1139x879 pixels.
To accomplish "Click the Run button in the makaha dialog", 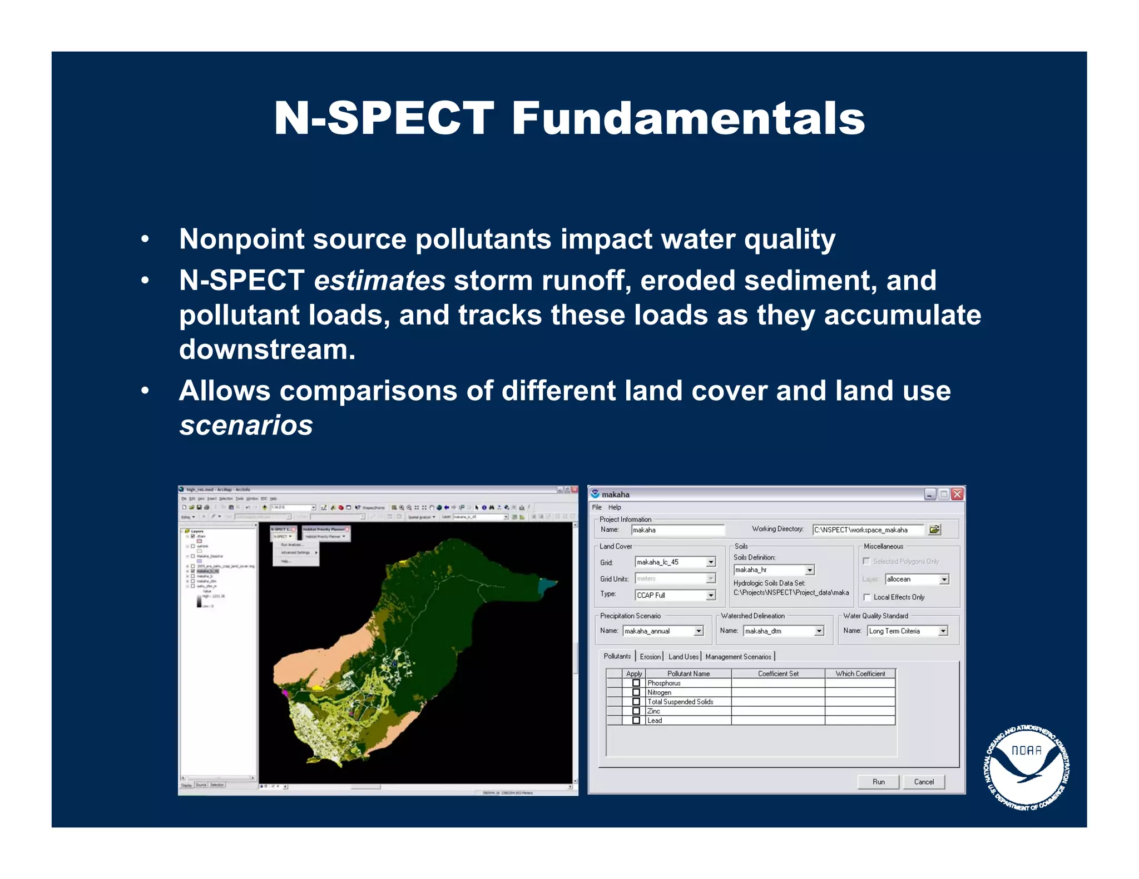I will [878, 782].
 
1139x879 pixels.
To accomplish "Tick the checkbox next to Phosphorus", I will [636, 683].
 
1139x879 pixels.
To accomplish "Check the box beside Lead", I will [636, 721].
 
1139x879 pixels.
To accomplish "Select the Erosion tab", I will [650, 657].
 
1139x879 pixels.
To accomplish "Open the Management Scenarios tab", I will [737, 657].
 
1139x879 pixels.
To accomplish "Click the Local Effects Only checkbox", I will [867, 597].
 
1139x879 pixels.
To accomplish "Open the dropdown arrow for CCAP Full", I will [711, 596].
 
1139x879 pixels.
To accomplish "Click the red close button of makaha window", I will [957, 495].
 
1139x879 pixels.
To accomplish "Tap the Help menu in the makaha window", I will [615, 507].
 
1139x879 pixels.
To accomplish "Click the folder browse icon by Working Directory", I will [934, 530].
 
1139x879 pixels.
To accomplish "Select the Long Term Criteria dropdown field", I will [907, 631].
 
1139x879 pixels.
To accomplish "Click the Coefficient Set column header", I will [778, 674].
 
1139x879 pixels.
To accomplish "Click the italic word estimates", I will [379, 281].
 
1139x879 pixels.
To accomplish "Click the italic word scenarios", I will [246, 426].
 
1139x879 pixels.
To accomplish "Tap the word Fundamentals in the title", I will [688, 118].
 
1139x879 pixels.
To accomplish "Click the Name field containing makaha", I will [677, 530].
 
